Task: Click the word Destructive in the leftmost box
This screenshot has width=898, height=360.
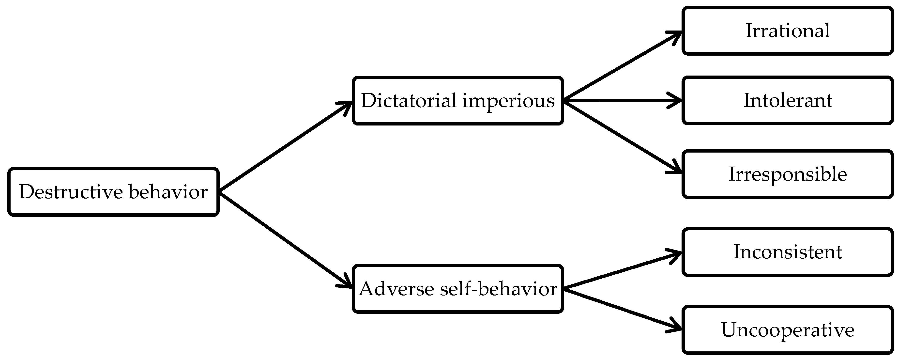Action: (71, 192)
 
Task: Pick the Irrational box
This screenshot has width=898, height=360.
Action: (787, 31)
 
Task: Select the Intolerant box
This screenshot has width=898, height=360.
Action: (787, 100)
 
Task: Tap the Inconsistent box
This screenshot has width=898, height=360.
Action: (787, 252)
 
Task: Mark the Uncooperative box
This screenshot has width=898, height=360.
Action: (787, 330)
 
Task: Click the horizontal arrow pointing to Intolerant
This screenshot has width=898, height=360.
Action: (622, 100)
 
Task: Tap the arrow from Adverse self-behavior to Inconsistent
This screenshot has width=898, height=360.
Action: (622, 270)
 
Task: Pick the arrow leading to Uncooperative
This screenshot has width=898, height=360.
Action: (622, 309)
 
